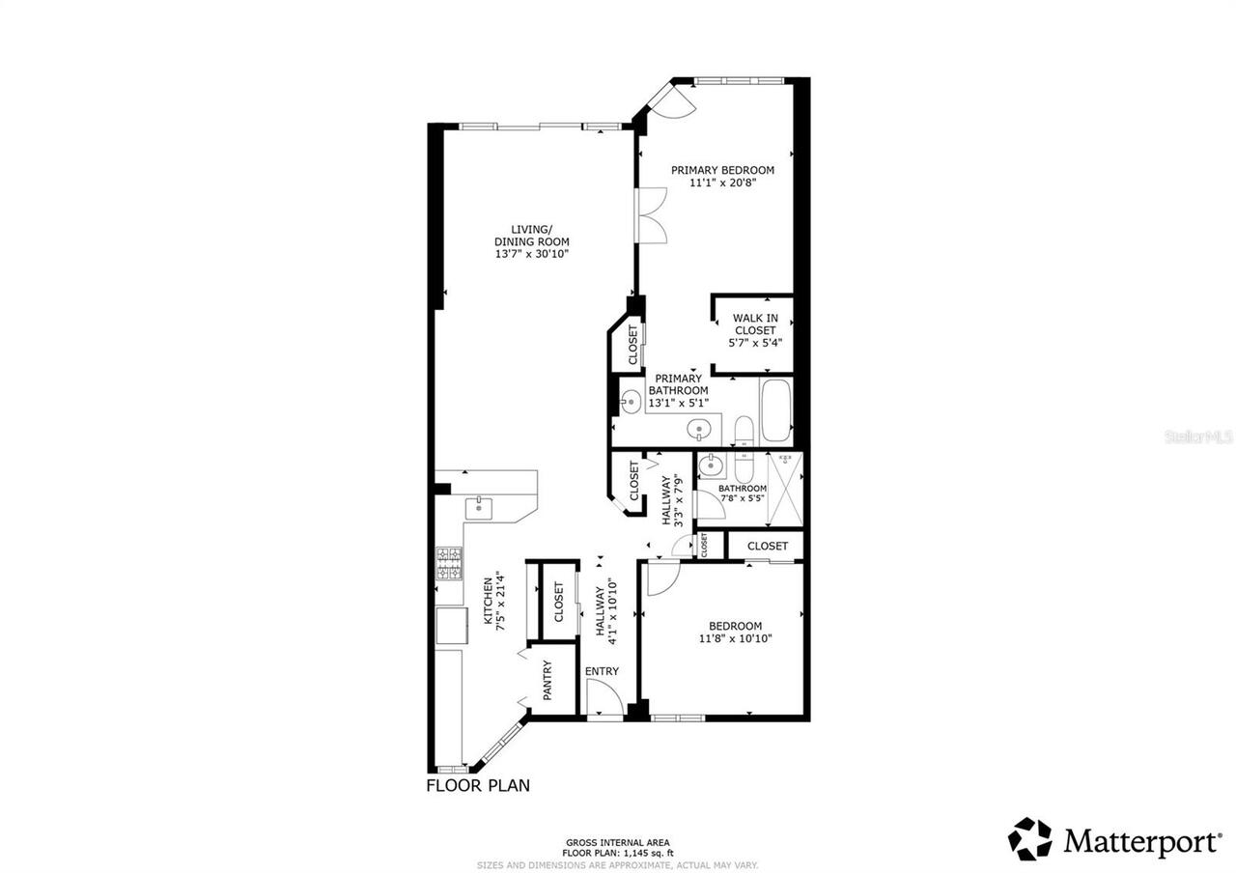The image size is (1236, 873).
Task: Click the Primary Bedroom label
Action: [722, 170]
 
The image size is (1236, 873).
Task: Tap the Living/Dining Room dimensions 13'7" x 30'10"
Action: [531, 254]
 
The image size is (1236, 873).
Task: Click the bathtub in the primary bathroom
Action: [776, 412]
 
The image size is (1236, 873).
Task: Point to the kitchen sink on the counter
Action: [480, 507]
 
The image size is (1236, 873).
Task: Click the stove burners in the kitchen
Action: [449, 563]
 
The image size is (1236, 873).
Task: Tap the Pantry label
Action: [547, 681]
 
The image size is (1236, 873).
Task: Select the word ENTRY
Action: [602, 671]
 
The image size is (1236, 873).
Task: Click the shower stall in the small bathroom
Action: [784, 488]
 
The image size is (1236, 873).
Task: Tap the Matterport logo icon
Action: [1030, 839]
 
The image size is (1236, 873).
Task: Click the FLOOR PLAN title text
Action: [478, 785]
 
